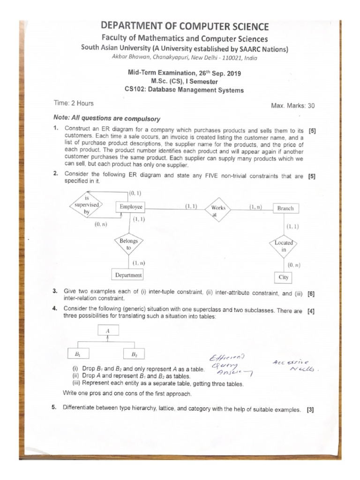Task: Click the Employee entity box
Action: (131, 207)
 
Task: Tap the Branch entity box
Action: (285, 208)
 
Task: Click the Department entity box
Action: (128, 275)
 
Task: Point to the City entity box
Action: (284, 277)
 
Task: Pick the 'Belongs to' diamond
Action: (128, 244)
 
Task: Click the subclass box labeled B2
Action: (134, 354)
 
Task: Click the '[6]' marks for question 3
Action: (311, 294)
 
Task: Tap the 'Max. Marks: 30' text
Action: (293, 106)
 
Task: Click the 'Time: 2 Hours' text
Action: (74, 103)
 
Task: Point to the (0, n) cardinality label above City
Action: (294, 265)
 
